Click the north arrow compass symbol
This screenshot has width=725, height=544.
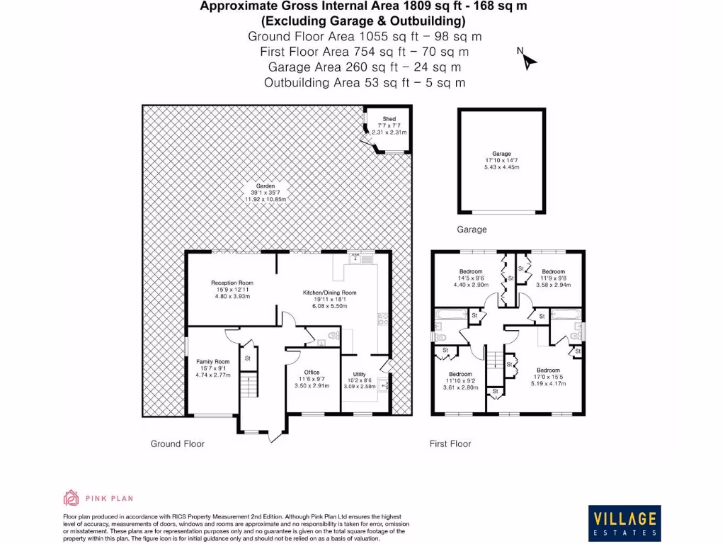click(x=528, y=60)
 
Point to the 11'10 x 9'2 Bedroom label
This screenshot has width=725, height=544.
click(x=460, y=380)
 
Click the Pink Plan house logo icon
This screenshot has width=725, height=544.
click(x=71, y=498)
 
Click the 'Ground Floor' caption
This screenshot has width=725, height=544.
click(x=177, y=444)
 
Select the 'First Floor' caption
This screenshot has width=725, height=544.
click(x=450, y=444)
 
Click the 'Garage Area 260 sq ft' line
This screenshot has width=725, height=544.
click(x=364, y=67)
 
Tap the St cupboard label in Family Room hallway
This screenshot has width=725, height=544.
click(x=248, y=358)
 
